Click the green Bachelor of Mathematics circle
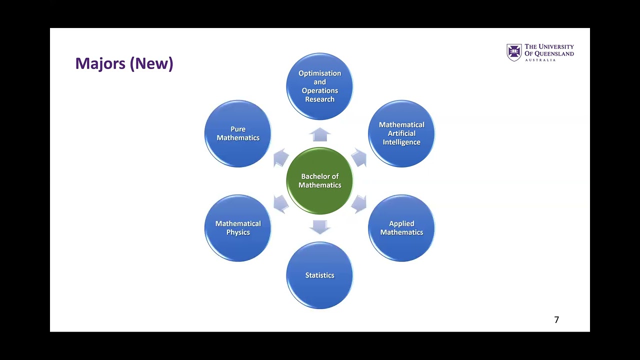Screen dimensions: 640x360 click(x=319, y=180)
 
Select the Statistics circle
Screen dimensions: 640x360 click(x=319, y=275)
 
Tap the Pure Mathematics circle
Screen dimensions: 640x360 click(x=238, y=133)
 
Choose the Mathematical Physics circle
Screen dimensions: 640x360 click(x=238, y=228)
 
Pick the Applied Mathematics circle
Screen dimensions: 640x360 click(x=401, y=228)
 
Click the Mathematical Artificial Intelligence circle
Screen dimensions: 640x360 click(x=401, y=133)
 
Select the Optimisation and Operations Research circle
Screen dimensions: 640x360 click(x=319, y=86)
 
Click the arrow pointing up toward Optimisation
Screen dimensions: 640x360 click(x=319, y=134)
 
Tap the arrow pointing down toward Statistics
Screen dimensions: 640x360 click(x=319, y=227)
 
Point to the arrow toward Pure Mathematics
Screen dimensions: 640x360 click(x=280, y=157)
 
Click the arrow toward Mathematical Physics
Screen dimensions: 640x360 click(x=280, y=204)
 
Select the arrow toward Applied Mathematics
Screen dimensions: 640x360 click(x=359, y=204)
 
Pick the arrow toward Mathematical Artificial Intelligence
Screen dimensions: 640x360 click(x=359, y=157)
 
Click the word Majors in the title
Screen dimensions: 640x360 click(x=100, y=63)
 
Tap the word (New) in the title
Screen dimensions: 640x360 click(x=151, y=63)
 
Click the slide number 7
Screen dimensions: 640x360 click(x=556, y=319)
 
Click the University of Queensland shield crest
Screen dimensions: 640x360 click(x=514, y=52)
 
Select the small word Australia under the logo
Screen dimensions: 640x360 click(x=540, y=60)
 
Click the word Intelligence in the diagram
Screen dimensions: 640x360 click(x=401, y=142)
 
